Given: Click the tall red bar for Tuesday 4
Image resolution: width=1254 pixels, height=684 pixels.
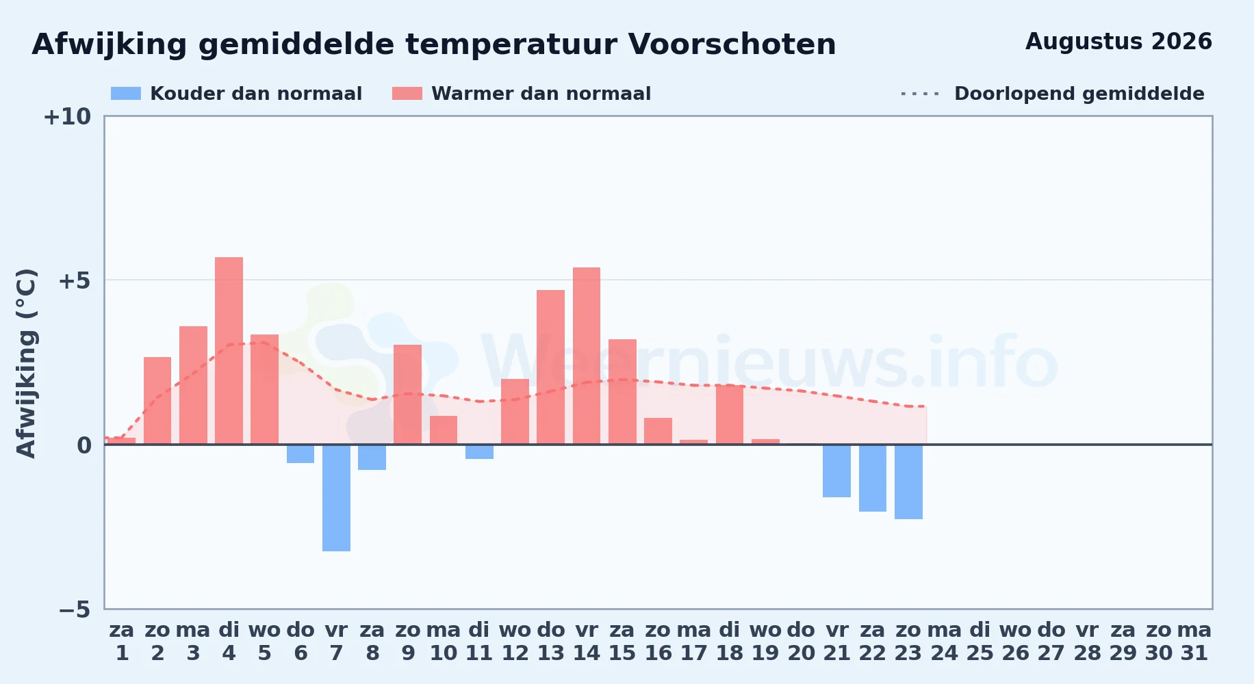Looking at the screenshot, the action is tap(229, 351).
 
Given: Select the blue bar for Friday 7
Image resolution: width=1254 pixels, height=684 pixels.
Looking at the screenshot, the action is tap(336, 498).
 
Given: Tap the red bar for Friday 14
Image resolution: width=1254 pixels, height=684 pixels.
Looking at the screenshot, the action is tap(587, 356).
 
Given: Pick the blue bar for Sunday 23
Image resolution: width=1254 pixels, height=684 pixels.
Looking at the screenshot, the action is tap(908, 482).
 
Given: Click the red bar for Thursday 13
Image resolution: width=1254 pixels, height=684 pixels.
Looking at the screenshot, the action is tap(551, 367).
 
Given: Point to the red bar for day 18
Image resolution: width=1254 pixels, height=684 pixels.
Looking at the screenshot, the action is tap(730, 415).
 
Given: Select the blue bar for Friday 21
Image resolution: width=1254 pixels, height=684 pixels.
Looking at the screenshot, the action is tap(836, 471).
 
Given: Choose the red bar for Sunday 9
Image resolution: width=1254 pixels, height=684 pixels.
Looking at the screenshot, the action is tap(408, 395).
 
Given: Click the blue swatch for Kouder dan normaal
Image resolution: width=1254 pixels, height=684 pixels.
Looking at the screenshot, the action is tap(126, 94).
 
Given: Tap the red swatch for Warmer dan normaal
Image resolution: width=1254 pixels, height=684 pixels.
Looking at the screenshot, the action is tap(407, 94).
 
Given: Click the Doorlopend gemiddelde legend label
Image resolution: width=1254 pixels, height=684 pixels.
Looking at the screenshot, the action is tap(1079, 94).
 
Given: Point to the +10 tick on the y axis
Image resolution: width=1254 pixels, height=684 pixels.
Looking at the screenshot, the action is tap(67, 117).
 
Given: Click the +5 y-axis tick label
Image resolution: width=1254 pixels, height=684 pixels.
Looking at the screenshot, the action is tap(75, 280).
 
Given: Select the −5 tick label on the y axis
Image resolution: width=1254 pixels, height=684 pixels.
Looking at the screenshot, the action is tap(75, 609).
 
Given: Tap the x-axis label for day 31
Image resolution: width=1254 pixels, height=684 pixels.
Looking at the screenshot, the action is tap(1194, 642).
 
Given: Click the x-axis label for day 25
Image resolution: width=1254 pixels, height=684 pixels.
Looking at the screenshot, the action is tap(980, 642).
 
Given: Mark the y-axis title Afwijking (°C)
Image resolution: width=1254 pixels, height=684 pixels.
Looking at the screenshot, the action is tap(26, 363).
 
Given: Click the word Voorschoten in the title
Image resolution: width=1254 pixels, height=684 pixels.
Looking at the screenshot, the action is tap(732, 44).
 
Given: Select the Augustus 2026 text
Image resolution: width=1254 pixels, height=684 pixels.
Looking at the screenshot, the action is tap(1118, 42).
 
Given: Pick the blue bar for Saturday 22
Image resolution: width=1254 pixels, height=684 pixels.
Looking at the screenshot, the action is tap(873, 478).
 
